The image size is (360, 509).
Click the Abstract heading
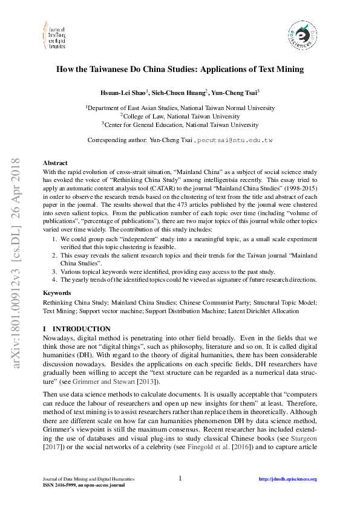coord(55,163)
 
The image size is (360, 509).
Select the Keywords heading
coord(57,293)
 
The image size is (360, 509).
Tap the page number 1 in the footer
coord(180,479)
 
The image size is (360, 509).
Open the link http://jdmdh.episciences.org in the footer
coord(287,479)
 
